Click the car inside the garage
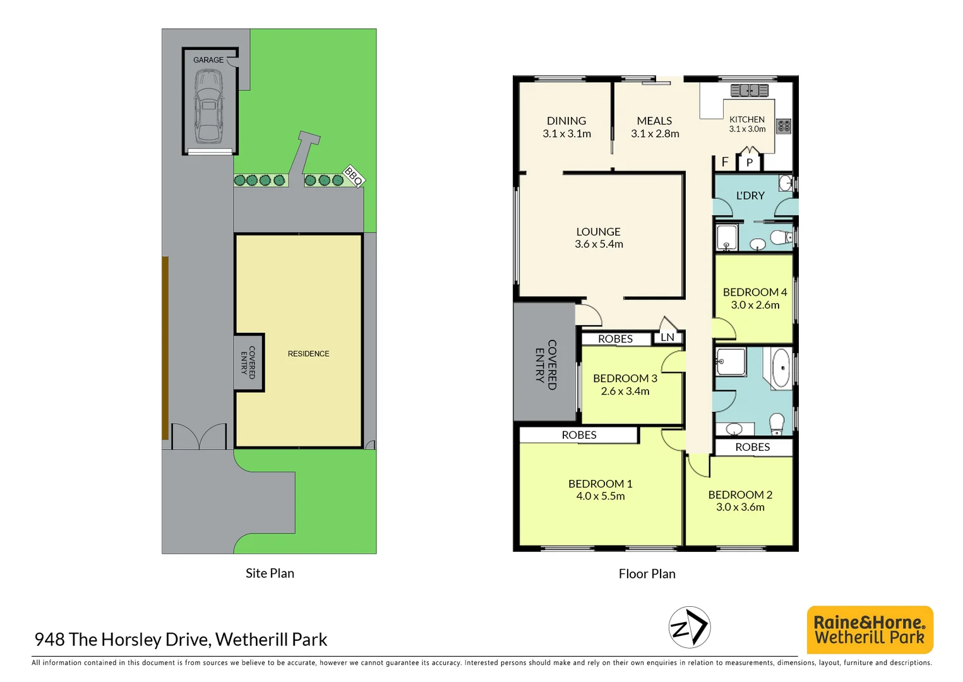click(208, 106)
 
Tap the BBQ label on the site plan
click(354, 176)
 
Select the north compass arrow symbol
click(690, 627)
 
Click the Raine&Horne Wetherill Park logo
click(870, 630)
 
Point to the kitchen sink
click(749, 90)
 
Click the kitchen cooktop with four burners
click(784, 126)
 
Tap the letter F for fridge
click(725, 162)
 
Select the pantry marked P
click(750, 162)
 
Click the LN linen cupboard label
click(667, 337)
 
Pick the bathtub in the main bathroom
click(781, 367)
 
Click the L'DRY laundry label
click(750, 196)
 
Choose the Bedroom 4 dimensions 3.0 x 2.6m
click(755, 305)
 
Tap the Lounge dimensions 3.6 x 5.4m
click(599, 244)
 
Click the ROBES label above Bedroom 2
click(752, 447)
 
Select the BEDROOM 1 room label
click(600, 484)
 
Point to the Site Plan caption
click(270, 573)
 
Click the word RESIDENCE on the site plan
click(308, 354)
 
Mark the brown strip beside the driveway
click(165, 347)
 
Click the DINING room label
click(566, 121)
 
